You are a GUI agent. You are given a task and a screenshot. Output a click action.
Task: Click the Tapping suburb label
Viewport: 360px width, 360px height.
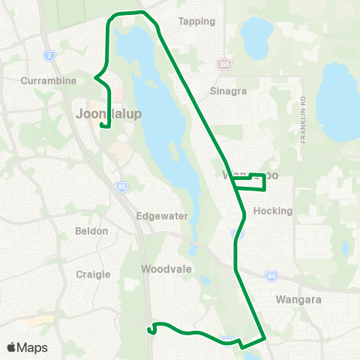coord(197,21)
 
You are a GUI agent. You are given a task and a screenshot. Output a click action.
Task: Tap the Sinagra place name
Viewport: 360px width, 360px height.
coord(207,91)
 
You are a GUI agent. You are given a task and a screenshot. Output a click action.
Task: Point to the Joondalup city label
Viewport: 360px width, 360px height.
coord(108,113)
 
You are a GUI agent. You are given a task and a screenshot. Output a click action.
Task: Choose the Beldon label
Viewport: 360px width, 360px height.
coord(91,231)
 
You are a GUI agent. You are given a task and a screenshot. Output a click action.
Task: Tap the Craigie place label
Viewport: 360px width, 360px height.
coord(94,274)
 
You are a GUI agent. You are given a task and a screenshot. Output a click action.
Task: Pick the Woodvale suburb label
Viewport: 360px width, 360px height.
coord(167,268)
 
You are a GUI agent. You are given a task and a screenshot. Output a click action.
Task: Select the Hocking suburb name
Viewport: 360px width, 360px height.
coord(273,211)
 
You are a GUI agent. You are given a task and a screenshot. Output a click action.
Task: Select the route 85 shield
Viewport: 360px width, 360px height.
coord(121,186)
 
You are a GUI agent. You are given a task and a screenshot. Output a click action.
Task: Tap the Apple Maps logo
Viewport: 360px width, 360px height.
coord(27,347)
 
